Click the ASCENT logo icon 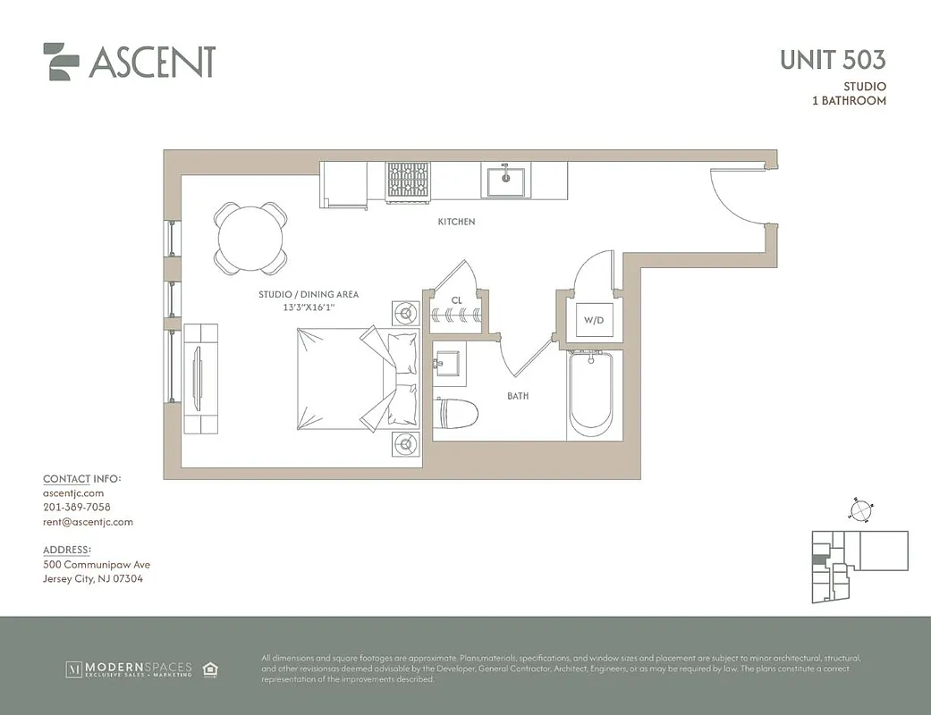coord(61,62)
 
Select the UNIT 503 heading coord(832,60)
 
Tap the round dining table coord(250,238)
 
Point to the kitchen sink coord(505,181)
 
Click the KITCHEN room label coord(456,222)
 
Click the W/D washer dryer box coord(594,320)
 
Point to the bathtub coord(594,393)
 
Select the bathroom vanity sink coord(448,364)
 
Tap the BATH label coord(518,395)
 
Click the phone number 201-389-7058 coord(77,507)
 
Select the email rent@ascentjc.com coord(88,522)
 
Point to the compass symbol coord(859,510)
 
